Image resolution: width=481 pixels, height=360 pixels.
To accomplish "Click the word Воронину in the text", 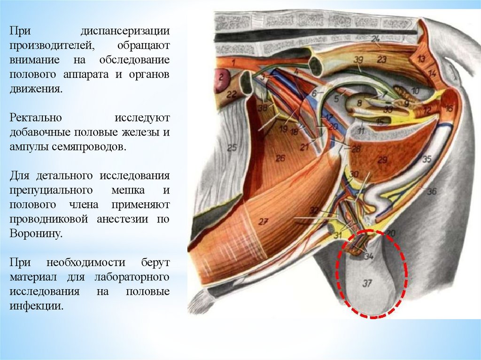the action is click(x=36, y=233).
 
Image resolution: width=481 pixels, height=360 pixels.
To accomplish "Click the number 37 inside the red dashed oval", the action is click(x=367, y=283).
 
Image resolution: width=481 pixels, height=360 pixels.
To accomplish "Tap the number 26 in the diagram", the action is click(x=280, y=159).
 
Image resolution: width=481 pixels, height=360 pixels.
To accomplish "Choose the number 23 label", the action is click(x=381, y=60).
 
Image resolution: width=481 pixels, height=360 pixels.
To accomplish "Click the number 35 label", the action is click(x=426, y=160).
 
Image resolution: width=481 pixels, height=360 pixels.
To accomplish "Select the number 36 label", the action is click(x=432, y=191).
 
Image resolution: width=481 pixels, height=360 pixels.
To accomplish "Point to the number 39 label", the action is click(x=358, y=60).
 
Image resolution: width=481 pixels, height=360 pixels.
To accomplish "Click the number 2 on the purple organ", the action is click(x=219, y=75).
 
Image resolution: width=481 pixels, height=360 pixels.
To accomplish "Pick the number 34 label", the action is click(x=368, y=256).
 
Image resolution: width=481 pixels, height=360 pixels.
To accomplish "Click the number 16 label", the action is click(x=449, y=109).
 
